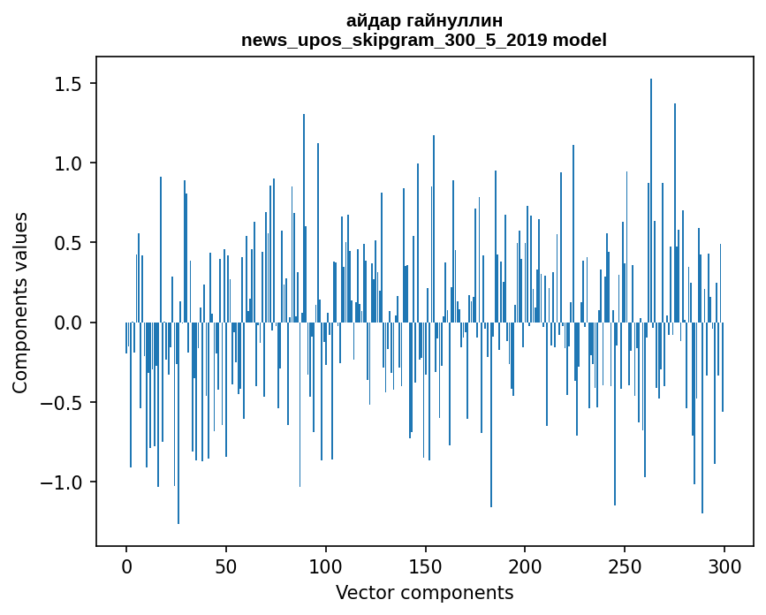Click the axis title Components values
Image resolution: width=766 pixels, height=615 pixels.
point(20,302)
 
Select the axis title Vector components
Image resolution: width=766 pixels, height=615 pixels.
point(424,592)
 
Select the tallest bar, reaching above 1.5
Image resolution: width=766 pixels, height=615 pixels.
point(651,177)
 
